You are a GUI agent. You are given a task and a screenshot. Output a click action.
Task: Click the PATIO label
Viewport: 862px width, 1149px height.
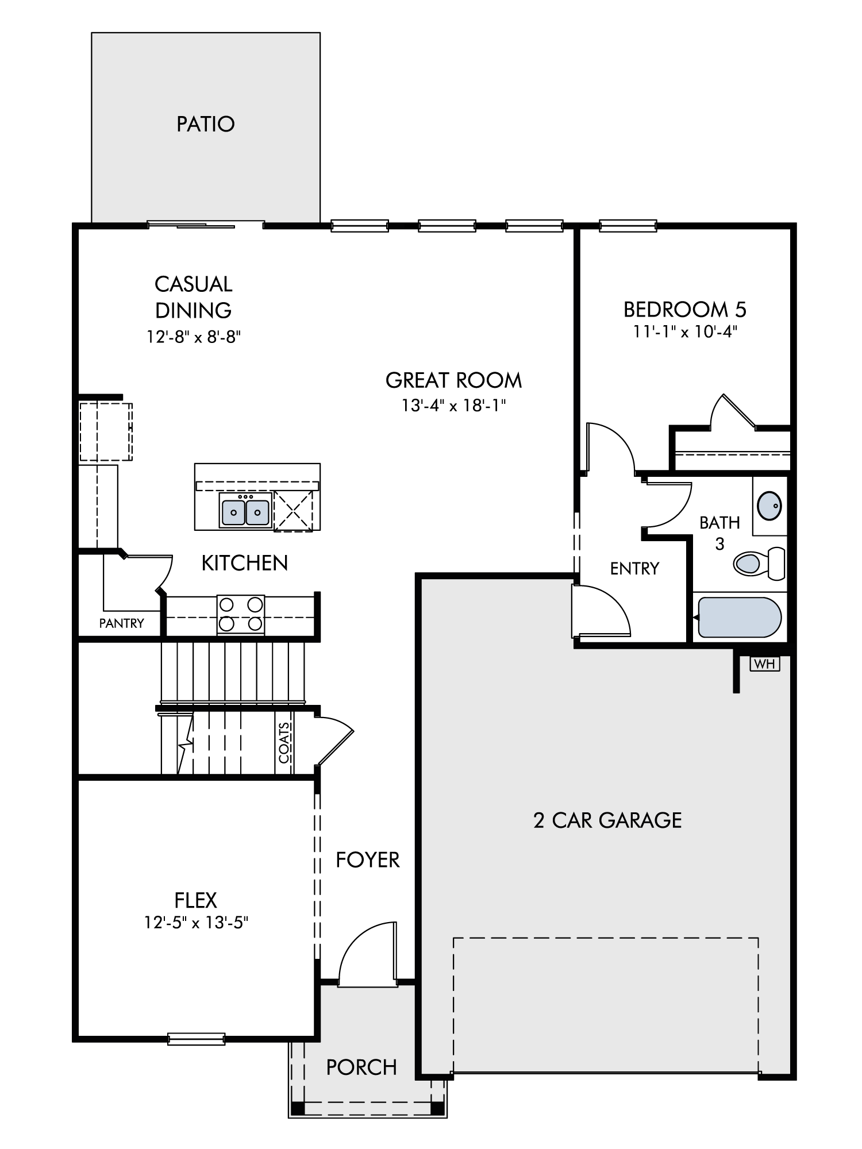(206, 124)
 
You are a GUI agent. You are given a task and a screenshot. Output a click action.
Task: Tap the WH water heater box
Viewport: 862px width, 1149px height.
(765, 664)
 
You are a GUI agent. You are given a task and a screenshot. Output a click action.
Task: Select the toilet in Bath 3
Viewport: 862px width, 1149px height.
(759, 563)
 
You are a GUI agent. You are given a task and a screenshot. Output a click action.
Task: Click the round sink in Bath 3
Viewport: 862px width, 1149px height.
(769, 506)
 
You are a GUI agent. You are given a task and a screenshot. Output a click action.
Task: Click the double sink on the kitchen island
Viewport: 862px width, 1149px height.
(245, 510)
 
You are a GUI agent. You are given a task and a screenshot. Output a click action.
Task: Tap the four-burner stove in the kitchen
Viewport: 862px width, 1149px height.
(241, 615)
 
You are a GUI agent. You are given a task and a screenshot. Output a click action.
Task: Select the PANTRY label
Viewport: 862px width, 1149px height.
(121, 623)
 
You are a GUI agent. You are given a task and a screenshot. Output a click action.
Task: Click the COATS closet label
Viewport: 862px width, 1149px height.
(284, 742)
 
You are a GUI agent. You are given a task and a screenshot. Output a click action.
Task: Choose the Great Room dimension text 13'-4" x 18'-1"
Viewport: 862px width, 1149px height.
(453, 406)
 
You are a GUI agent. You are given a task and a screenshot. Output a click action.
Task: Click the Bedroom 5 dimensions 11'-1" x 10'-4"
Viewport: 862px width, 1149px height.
(685, 331)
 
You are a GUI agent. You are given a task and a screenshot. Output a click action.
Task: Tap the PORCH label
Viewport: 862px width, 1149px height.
(361, 1067)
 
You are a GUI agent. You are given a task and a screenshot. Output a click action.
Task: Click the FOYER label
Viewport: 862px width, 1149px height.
(368, 859)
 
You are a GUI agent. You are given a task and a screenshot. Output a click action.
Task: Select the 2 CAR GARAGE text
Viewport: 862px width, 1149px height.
(607, 820)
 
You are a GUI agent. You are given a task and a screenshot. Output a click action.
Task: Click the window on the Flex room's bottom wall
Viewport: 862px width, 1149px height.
(196, 1038)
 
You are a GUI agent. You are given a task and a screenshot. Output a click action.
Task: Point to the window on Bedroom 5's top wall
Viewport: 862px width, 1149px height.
(628, 226)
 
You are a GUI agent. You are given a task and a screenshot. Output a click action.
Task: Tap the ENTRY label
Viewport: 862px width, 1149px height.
(634, 568)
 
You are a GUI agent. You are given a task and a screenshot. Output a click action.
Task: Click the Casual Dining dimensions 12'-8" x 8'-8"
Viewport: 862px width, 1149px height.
(193, 336)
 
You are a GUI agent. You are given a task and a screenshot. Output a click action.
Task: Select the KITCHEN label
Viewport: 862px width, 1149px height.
(244, 563)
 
